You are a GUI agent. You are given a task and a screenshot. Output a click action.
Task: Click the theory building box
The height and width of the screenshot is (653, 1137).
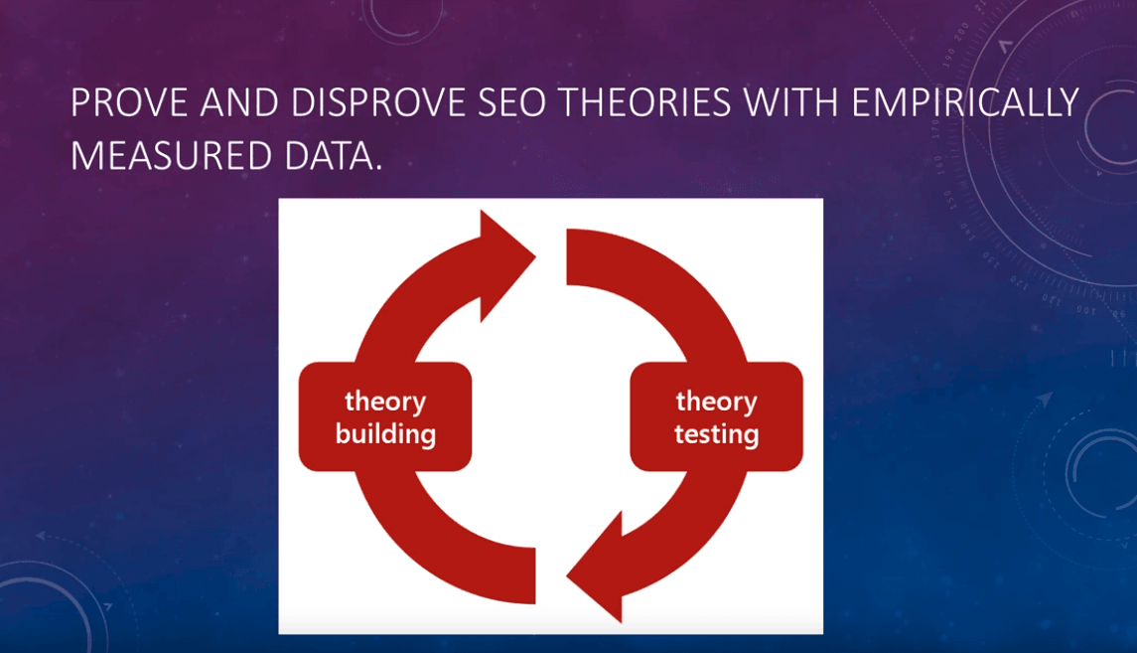385,416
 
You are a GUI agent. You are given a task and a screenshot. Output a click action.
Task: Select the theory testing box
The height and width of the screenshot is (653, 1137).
716,416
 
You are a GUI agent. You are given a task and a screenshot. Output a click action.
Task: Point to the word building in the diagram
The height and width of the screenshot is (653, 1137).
385,434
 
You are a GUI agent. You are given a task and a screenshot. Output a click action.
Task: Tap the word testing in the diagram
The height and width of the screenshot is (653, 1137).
716,434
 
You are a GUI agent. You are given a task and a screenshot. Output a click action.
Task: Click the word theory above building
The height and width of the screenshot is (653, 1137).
385,401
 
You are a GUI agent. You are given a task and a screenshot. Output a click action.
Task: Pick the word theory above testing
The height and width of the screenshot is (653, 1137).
716,401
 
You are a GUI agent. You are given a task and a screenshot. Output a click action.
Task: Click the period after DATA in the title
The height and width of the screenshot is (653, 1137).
378,168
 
